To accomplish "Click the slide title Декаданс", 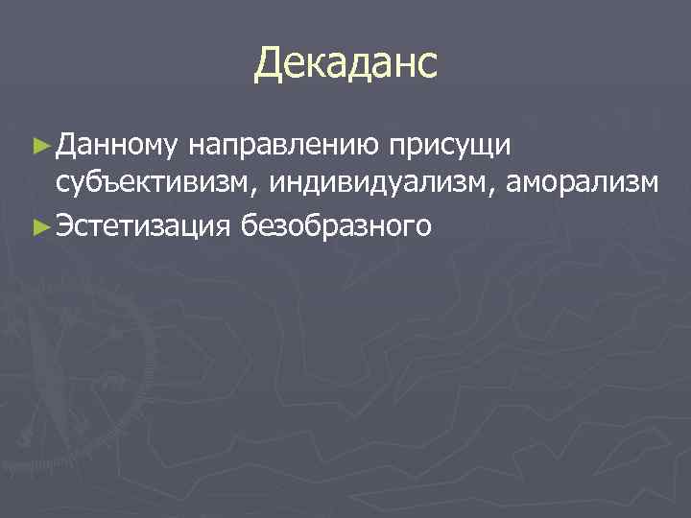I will coord(345,64).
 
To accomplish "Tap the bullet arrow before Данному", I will coord(39,146).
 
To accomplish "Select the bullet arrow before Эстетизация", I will coord(39,226).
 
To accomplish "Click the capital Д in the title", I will coord(270,65).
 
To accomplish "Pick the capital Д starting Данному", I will coord(64,146).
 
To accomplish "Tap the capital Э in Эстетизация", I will coord(64,226).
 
